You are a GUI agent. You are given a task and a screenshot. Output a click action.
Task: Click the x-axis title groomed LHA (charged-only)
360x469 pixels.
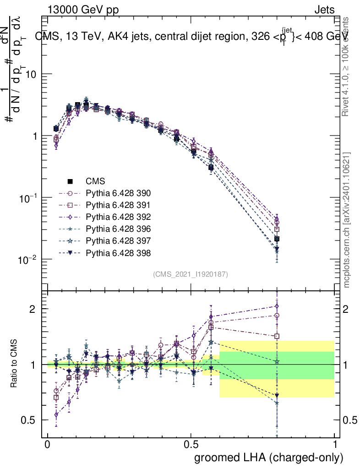pyautogui.click(x=269, y=457)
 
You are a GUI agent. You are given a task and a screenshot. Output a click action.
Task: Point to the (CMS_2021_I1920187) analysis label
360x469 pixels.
pyautogui.click(x=191, y=274)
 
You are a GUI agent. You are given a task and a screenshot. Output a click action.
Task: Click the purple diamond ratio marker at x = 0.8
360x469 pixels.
pyautogui.click(x=277, y=306)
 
